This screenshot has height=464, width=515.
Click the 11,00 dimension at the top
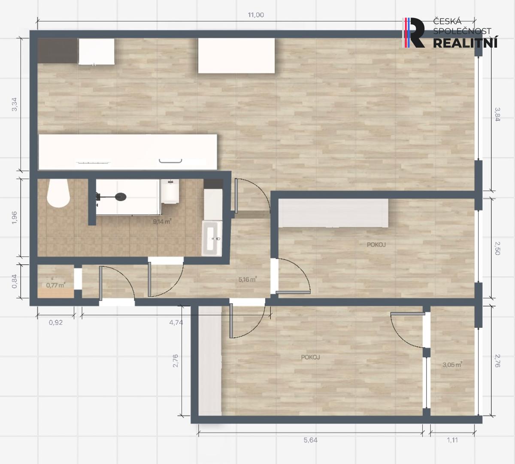coord(256,15)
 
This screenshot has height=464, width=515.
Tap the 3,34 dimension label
coord(15,104)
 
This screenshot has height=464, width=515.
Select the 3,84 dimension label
coord(497,114)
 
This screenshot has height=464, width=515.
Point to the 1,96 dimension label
coord(15,217)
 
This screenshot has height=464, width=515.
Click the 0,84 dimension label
coord(15,281)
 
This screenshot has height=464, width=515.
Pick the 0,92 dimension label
coord(56,322)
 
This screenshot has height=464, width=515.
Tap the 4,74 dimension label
coord(176,322)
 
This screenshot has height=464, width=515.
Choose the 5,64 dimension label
coord(310,440)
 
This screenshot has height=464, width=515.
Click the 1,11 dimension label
coord(452,440)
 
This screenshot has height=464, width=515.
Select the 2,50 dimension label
coord(497,248)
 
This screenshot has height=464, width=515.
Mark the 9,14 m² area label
coord(162,221)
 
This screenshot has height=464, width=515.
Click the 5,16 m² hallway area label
coord(248,279)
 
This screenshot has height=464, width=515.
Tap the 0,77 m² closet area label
coord(56,285)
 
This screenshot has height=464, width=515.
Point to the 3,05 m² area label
coord(452,364)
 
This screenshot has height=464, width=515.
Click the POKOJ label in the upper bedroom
coord(376,244)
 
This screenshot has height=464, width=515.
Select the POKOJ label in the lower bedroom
coord(310,357)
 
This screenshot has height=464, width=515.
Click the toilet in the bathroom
coord(58,193)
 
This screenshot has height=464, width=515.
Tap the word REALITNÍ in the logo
coord(465,43)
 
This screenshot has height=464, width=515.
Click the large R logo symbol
coord(414,33)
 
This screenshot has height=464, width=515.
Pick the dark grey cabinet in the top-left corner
coord(58,51)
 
